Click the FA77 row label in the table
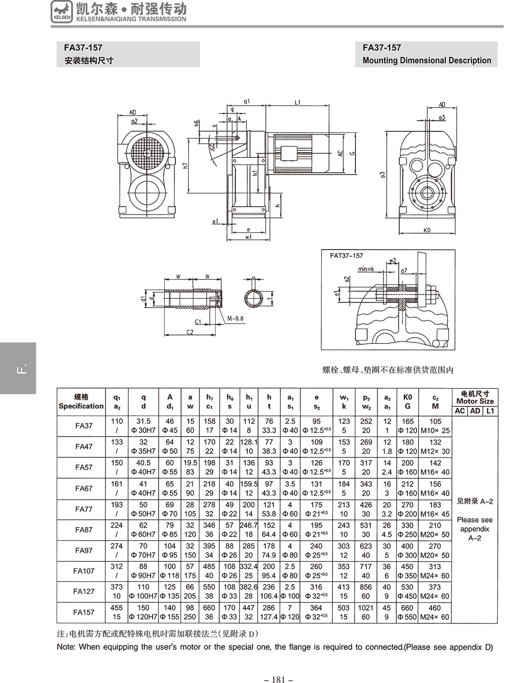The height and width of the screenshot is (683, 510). tap(84, 509)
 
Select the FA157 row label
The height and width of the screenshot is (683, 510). tap(84, 612)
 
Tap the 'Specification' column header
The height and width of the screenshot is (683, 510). tap(81, 406)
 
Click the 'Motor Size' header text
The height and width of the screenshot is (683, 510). tap(475, 401)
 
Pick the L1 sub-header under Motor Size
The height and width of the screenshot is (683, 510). tap(490, 411)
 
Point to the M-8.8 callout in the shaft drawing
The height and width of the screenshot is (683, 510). tap(235, 318)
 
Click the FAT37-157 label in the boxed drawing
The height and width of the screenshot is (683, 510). tap(346, 256)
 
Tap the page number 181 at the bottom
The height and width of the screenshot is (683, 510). tap(278, 679)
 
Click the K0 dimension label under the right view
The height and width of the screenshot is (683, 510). tap(427, 230)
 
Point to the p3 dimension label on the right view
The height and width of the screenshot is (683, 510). tap(382, 175)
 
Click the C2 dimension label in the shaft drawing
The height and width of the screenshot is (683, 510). tap(190, 332)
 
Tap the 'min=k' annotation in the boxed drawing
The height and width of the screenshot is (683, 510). tap(366, 268)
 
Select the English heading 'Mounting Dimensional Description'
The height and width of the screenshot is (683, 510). tap(427, 60)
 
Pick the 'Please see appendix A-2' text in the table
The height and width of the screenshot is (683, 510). tap(474, 529)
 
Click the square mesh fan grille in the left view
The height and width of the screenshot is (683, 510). tap(148, 152)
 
